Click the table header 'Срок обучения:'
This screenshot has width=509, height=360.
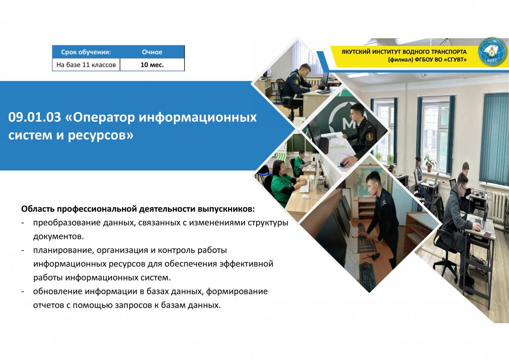tap(86, 52)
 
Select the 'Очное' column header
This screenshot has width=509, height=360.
tap(152, 52)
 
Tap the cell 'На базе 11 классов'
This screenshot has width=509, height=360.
tap(86, 65)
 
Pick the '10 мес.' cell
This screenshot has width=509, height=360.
tap(152, 65)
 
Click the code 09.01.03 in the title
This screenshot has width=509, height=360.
tap(35, 117)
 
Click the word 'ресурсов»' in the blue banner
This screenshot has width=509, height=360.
tap(101, 135)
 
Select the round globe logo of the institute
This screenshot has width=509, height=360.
tap(492, 52)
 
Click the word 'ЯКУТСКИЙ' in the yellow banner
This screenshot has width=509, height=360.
tap(355, 52)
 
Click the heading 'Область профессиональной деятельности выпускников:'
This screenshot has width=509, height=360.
tap(138, 209)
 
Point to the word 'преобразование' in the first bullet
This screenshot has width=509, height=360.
tap(67, 222)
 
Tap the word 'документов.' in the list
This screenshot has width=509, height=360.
tap(59, 236)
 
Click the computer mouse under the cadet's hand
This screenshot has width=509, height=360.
tap(344, 164)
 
